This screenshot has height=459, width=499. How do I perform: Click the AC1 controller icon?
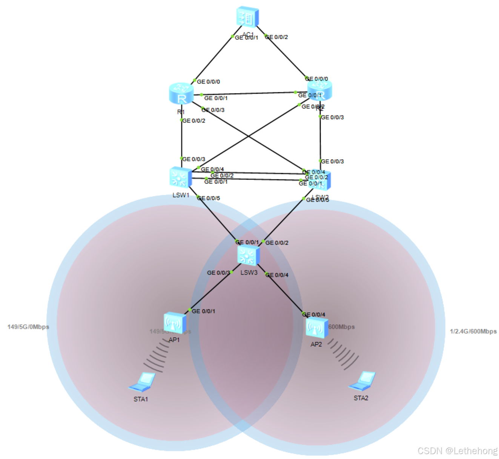(248, 17)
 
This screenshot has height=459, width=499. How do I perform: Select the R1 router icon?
(181, 93)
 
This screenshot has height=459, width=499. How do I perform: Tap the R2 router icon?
(320, 90)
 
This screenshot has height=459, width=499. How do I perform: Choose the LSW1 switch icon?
(180, 177)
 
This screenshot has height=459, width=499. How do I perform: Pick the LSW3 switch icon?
(248, 255)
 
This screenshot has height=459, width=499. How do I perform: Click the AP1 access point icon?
(175, 323)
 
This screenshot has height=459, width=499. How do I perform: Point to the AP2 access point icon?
(316, 327)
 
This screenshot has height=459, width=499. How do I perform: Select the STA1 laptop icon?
(142, 382)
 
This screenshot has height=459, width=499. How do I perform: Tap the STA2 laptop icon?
(362, 381)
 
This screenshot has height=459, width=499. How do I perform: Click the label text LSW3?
(249, 272)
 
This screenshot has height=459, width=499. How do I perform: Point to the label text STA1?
(141, 399)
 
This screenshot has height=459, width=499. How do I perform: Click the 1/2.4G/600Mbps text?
(473, 331)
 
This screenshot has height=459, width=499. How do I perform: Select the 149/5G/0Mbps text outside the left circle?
(28, 327)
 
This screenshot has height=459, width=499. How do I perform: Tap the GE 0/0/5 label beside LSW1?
(209, 198)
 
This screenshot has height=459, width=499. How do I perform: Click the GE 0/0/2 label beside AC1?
(276, 37)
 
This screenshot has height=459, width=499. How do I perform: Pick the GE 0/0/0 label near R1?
(209, 82)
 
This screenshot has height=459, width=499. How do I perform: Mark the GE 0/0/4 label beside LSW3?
(277, 275)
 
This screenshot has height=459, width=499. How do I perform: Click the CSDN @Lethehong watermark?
(457, 451)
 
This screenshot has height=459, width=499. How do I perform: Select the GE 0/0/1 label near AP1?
(204, 311)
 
